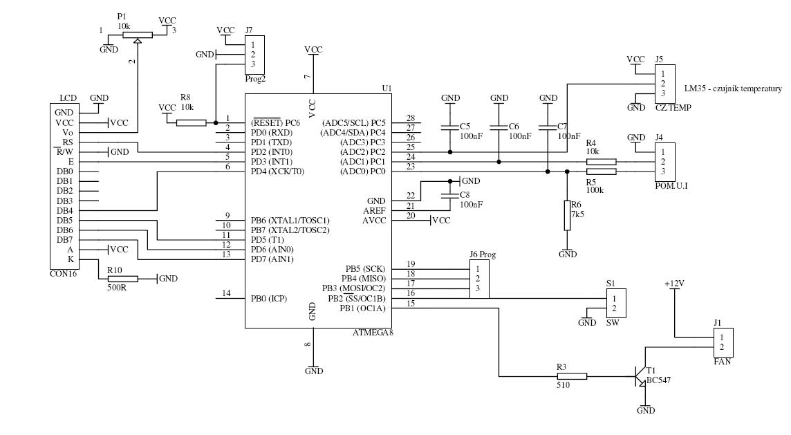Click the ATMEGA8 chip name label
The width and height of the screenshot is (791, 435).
pos(373,333)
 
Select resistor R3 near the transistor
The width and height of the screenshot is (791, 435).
pos(572,376)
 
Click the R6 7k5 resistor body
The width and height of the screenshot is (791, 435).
pos(567,215)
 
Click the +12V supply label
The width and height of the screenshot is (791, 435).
pos(674,284)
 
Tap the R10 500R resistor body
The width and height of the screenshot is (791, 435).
pos(123,279)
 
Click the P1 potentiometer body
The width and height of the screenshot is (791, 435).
pos(137,35)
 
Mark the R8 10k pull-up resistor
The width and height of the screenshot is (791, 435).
pos(191,123)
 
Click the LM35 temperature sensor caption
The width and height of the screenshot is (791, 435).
pos(733,89)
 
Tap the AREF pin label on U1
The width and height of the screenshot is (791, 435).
pos(374,210)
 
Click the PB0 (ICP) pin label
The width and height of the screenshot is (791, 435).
pos(269,299)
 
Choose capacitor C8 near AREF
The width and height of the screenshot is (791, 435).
pos(450,196)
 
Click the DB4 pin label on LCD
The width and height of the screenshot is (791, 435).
pos(64,210)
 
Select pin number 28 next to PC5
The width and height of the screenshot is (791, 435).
pos(411,118)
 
